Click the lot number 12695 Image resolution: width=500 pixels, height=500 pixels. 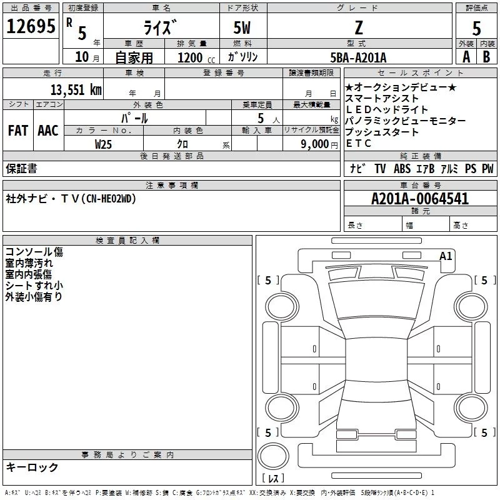click(x=31, y=27)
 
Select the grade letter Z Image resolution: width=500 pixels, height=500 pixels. click(x=358, y=27)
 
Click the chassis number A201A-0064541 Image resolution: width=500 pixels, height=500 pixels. click(x=419, y=199)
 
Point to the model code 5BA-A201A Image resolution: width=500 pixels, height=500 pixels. click(x=358, y=57)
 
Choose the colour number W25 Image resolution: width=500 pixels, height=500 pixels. click(x=104, y=144)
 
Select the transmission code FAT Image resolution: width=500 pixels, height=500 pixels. click(x=17, y=131)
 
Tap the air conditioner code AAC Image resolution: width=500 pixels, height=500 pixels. click(x=47, y=131)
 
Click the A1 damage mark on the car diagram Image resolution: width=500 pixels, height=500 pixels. click(x=446, y=256)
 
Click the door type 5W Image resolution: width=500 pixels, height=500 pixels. click(x=242, y=27)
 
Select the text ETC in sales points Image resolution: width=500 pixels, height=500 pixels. click(x=358, y=143)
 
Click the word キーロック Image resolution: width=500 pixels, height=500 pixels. click(x=32, y=467)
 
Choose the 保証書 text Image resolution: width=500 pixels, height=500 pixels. click(x=21, y=168)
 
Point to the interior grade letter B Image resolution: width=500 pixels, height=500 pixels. click(x=486, y=57)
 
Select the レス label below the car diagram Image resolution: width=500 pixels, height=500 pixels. click(x=276, y=479)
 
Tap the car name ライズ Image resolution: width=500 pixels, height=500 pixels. click(x=161, y=27)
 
